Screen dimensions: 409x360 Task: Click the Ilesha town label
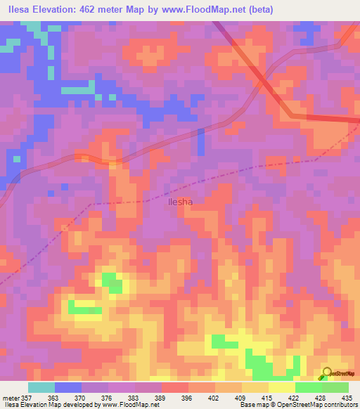click(x=181, y=201)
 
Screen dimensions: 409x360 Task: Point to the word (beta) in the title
click(x=258, y=10)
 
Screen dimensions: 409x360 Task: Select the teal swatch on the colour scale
click(x=41, y=387)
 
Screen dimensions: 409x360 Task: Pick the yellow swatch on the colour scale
click(x=282, y=387)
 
